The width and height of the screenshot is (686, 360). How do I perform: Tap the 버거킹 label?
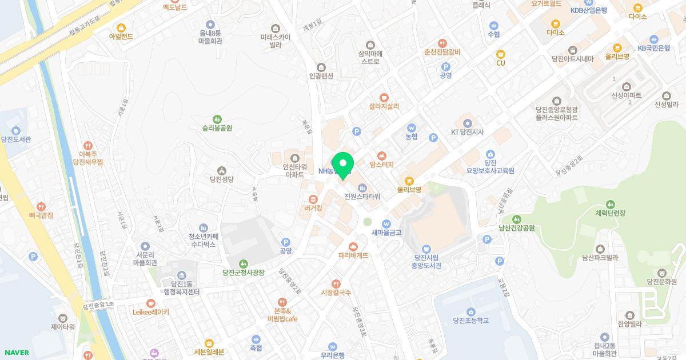coord(313,209)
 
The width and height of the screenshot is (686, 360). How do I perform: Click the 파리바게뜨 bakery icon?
coord(353,246)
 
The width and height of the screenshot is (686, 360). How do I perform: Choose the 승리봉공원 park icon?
coord(217,118)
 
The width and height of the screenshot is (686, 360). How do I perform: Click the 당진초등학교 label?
coord(470,321)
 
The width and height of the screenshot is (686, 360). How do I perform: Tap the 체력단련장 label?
coord(611,213)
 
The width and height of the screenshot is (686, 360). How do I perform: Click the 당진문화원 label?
coord(662,282)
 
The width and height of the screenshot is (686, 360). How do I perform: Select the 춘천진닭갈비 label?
coord(442,52)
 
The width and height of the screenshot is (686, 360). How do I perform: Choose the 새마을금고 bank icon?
coord(386,223)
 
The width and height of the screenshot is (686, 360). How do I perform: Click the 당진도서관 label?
coord(16,139)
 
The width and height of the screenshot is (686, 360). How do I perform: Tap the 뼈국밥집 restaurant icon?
coord(41,206)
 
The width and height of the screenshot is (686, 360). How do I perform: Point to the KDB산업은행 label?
coord(588,10)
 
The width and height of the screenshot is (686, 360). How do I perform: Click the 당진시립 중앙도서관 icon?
coord(426,249)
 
